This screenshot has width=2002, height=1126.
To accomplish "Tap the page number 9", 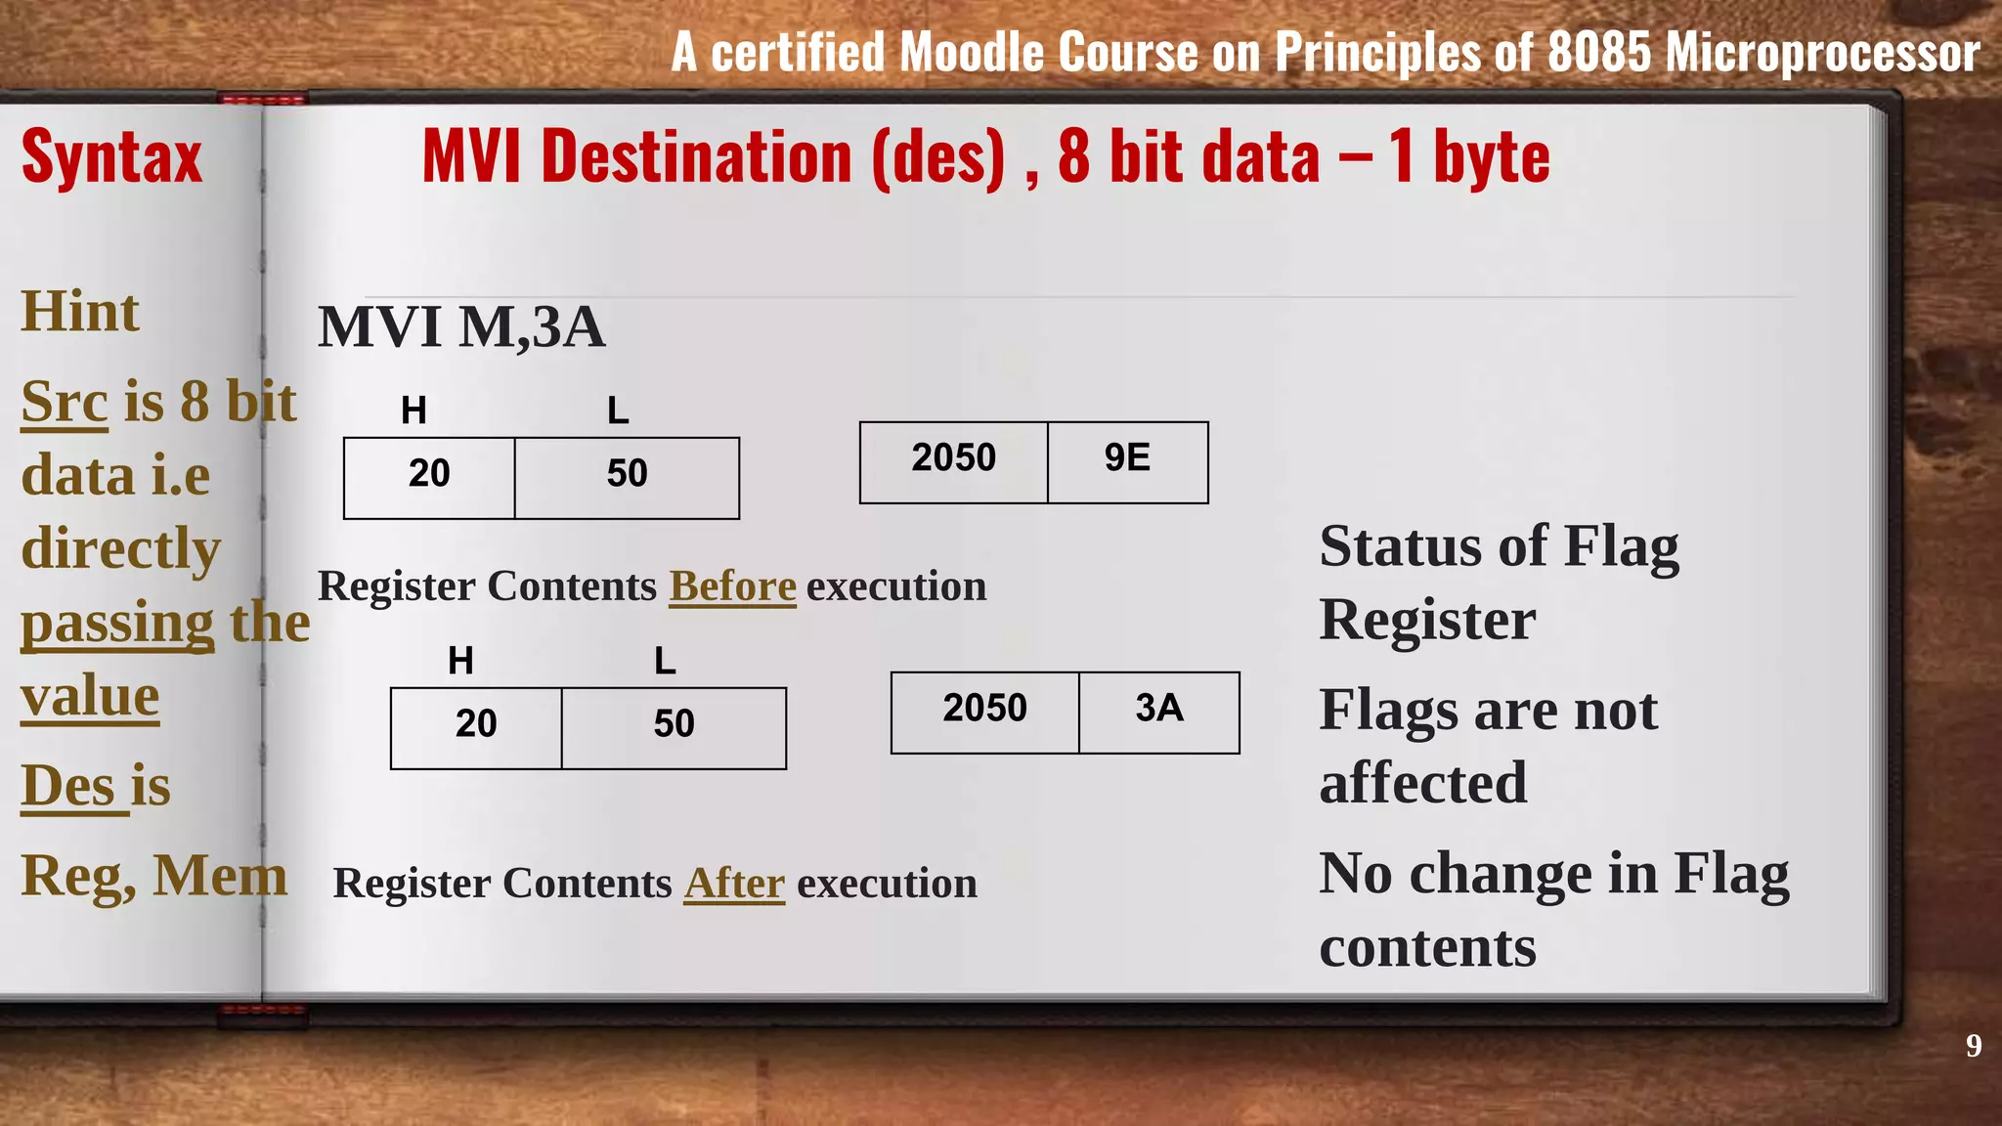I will (1974, 1046).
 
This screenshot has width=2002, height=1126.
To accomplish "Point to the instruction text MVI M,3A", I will (461, 326).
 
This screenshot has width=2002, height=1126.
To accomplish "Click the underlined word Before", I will (732, 586).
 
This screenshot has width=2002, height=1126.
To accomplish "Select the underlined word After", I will (733, 884).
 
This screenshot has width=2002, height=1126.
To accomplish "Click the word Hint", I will (80, 312).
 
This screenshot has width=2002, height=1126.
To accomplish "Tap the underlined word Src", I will (65, 402).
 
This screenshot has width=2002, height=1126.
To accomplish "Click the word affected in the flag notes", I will (1422, 783).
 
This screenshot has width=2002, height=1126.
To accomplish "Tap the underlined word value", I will (90, 697).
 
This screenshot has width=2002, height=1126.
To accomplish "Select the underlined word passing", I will (117, 624).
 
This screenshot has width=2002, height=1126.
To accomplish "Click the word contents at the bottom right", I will (1427, 947).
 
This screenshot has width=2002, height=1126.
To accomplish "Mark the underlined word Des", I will (66, 786).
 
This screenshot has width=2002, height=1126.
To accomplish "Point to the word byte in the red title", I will (1491, 158).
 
